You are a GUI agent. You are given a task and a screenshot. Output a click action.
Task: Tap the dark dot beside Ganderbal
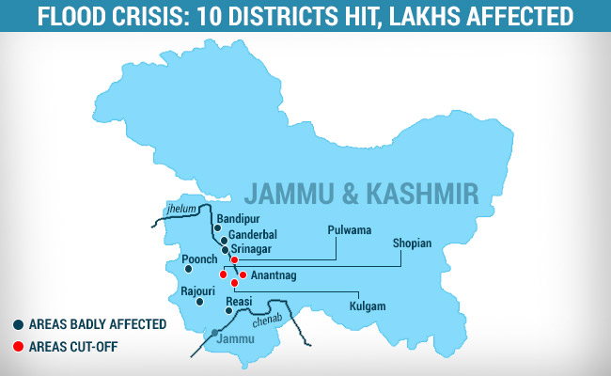pyautogui.click(x=224, y=240)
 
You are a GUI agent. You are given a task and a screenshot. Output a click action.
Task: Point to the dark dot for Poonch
pyautogui.click(x=189, y=269)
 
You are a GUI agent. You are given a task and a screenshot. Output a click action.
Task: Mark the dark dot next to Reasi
pyautogui.click(x=228, y=311)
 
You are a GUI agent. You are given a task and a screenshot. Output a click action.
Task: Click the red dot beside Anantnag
pyautogui.click(x=243, y=274)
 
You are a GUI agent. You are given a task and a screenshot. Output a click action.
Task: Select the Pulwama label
pyautogui.click(x=350, y=229)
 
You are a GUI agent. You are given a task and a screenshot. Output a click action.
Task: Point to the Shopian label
pyautogui.click(x=412, y=243)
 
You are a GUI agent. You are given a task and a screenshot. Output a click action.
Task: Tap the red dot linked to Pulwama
pyautogui.click(x=234, y=259)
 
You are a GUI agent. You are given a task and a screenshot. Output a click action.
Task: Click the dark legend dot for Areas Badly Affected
pyautogui.click(x=18, y=324)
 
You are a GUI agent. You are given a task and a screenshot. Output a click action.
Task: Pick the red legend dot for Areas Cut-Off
pyautogui.click(x=18, y=346)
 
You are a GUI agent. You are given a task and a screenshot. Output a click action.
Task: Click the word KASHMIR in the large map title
pyautogui.click(x=426, y=193)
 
